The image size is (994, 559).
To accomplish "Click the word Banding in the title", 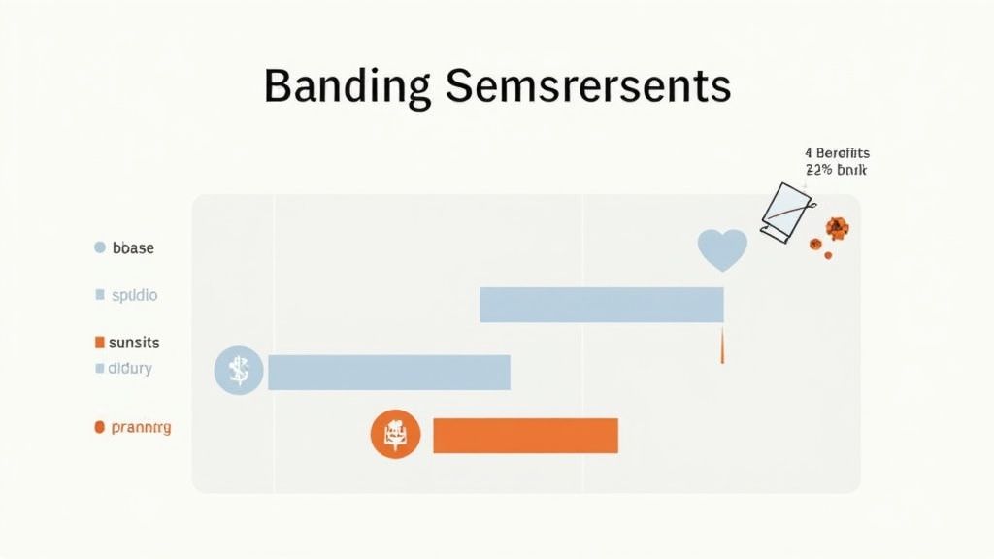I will [x=347, y=86].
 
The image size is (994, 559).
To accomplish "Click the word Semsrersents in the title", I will [x=588, y=86].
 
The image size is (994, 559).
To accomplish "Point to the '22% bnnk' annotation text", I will [x=836, y=170].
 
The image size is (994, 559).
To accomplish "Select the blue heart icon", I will [x=722, y=249].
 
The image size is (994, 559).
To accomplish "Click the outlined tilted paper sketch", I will [x=785, y=213].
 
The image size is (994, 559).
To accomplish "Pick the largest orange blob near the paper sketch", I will [x=836, y=228].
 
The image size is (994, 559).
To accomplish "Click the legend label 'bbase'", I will [x=133, y=248].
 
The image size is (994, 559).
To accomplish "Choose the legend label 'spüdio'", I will [x=134, y=294].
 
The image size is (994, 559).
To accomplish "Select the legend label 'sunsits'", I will [x=135, y=343].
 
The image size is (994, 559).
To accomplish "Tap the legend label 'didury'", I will [x=131, y=369].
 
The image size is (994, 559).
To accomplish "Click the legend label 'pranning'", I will [x=141, y=427].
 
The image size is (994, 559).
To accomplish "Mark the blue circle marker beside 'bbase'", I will [x=99, y=248].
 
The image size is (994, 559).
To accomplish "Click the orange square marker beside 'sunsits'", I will [x=99, y=343].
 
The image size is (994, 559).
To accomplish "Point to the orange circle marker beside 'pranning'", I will [x=99, y=427].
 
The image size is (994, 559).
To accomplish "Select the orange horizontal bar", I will [x=525, y=436].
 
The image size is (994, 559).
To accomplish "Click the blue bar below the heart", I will [x=602, y=305].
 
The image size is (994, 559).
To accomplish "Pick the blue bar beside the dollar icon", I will [x=388, y=373].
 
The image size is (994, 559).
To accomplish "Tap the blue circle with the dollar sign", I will [x=238, y=371].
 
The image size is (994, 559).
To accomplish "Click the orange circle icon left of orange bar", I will [x=395, y=434].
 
